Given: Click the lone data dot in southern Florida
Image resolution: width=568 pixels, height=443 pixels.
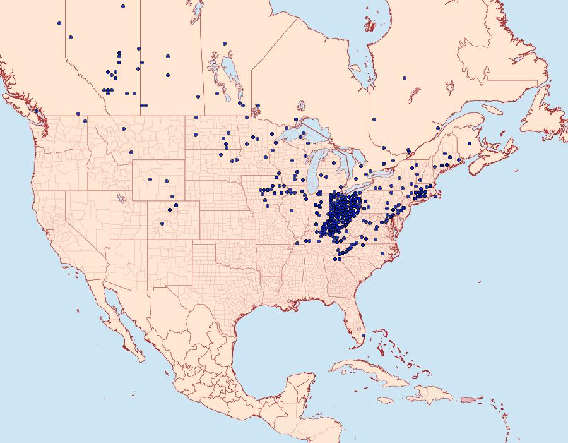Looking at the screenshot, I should (x=363, y=335).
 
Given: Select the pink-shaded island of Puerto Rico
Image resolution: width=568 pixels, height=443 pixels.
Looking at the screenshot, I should (x=468, y=399).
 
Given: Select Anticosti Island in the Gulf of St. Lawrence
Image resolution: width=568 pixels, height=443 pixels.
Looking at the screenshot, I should (x=492, y=109).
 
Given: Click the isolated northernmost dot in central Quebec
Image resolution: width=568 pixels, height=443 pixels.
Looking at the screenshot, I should (x=404, y=78).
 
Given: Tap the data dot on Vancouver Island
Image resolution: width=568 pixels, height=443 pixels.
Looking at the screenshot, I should (x=37, y=111).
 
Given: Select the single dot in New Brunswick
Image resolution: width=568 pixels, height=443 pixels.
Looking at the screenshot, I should (x=469, y=143).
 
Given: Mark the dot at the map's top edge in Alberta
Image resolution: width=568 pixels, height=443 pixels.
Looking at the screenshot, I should (x=122, y=6).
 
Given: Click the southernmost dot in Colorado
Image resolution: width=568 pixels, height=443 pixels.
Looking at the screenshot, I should (x=162, y=223).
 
